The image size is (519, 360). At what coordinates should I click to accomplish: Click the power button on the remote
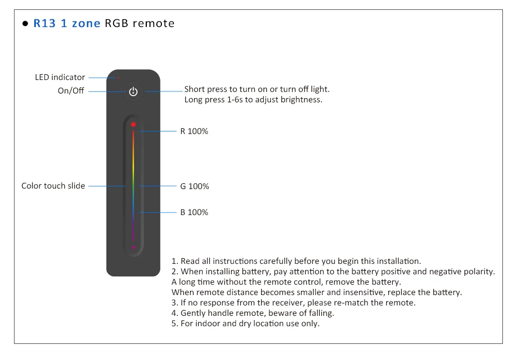pos(133,92)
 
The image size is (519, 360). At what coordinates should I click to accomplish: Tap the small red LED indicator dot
pos(118,78)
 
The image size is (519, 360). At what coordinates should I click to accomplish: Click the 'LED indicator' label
pos(60,77)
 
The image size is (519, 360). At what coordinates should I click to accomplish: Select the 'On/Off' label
pos(71,91)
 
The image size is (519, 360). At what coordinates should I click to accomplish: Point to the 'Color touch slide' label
pos(53,185)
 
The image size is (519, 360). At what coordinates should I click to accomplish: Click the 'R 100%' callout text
pos(194,131)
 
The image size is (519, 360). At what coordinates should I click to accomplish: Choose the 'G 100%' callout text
pos(195,186)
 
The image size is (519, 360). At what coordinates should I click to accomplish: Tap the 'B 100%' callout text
pos(194,212)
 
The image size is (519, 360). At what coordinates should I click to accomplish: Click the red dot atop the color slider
pos(133,125)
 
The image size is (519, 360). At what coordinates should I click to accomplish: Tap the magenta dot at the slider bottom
pos(133,247)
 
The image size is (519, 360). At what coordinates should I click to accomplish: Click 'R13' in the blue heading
pos(45,23)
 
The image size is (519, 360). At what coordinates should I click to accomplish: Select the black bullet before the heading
pos(25,24)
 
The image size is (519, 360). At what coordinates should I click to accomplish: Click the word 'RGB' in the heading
pos(116,23)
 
